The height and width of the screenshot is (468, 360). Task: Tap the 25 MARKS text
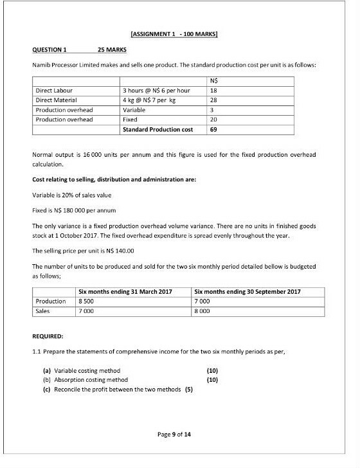tap(112, 50)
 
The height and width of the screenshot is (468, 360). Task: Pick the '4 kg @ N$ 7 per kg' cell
tap(150, 100)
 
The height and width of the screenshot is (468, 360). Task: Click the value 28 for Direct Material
tap(213, 100)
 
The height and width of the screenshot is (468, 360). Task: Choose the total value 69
tap(213, 129)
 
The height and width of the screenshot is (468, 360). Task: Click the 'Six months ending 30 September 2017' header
tap(247, 291)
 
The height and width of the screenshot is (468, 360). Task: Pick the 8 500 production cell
tap(85, 301)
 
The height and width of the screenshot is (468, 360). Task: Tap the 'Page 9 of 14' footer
tap(179, 434)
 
